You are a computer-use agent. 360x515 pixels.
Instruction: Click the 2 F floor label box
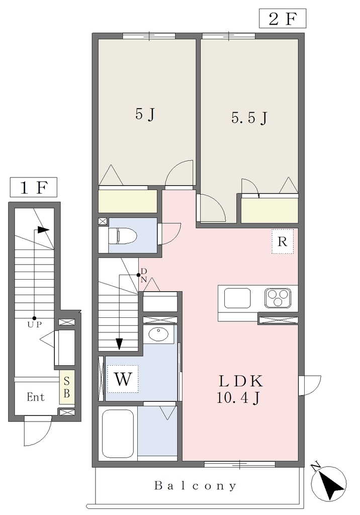[283, 19]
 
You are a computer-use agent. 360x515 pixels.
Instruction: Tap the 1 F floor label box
[34, 187]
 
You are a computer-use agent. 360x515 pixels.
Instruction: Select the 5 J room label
[145, 114]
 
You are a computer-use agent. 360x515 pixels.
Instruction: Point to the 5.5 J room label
[249, 118]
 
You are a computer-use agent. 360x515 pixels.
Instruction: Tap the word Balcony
[196, 485]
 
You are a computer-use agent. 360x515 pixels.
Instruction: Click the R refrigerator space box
[283, 241]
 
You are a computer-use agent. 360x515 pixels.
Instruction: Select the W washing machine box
[123, 379]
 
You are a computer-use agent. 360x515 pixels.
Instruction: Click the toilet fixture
[122, 235]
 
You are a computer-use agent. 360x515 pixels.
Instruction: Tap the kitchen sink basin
[237, 298]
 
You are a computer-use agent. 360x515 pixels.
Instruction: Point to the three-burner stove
[278, 298]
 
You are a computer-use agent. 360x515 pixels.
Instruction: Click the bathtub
[118, 433]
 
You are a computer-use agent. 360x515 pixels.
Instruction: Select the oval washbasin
[158, 334]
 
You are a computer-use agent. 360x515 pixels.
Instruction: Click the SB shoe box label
[67, 387]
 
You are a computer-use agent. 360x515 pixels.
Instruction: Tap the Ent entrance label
[36, 397]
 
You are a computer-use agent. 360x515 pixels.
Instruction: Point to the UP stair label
[35, 324]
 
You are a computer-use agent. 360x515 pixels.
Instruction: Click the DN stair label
[144, 275]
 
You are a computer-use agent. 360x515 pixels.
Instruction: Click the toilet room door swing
[169, 234]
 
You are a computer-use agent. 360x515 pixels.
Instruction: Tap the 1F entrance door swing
[38, 431]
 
